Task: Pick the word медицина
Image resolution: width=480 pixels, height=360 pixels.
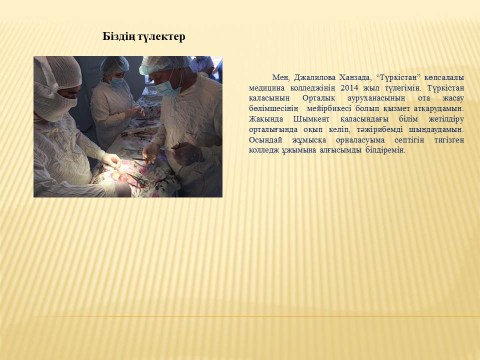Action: point(266,87)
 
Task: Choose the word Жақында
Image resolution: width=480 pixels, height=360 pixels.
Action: point(265,119)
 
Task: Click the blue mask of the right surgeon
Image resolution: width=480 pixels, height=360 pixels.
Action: point(168,88)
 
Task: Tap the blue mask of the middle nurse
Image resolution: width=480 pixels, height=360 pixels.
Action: point(117,81)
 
